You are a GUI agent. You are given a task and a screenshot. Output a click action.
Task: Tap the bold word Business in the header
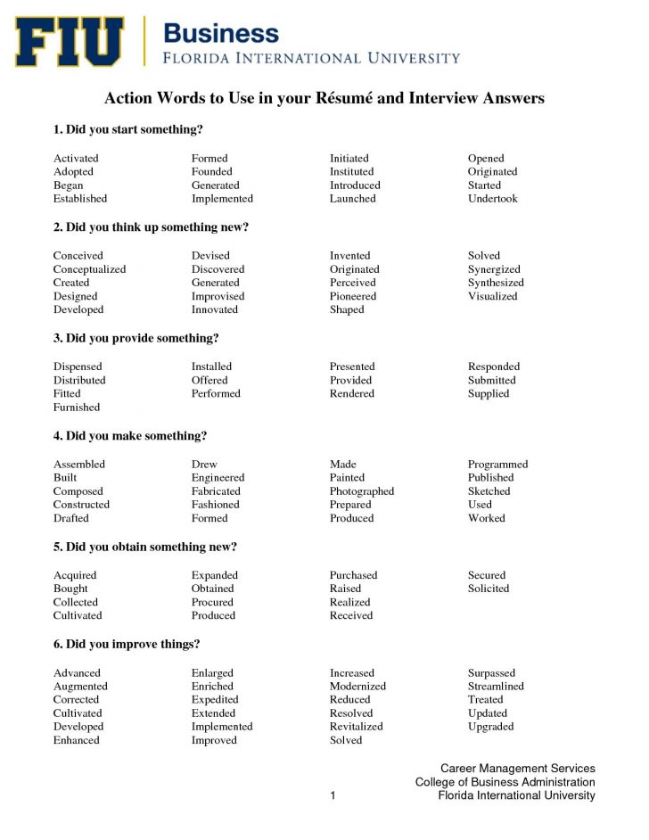point(220,34)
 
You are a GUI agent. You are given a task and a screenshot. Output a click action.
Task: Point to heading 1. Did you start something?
point(128,130)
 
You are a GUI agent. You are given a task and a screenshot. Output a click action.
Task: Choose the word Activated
point(76,159)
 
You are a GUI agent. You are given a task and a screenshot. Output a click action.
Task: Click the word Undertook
point(492,199)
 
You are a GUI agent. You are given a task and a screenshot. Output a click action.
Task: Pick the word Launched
point(353,199)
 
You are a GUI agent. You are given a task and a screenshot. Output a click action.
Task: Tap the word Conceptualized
point(89,269)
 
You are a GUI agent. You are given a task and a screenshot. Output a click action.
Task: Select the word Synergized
point(494,269)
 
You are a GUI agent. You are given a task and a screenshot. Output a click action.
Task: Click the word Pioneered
point(353,296)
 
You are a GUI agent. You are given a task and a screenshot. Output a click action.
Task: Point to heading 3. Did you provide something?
point(136,338)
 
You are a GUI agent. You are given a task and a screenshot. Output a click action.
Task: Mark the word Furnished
point(77,408)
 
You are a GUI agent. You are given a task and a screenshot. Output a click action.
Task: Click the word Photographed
point(362,491)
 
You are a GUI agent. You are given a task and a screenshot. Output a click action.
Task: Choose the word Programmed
point(497,465)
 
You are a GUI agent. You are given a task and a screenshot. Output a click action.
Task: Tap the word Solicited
point(489,589)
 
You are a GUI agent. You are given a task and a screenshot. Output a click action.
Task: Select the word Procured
point(212,602)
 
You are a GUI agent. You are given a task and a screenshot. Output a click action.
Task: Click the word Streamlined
point(496,687)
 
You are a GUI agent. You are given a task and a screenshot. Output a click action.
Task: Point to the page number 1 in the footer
point(333,795)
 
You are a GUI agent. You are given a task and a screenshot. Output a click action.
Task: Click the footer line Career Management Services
point(517,769)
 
